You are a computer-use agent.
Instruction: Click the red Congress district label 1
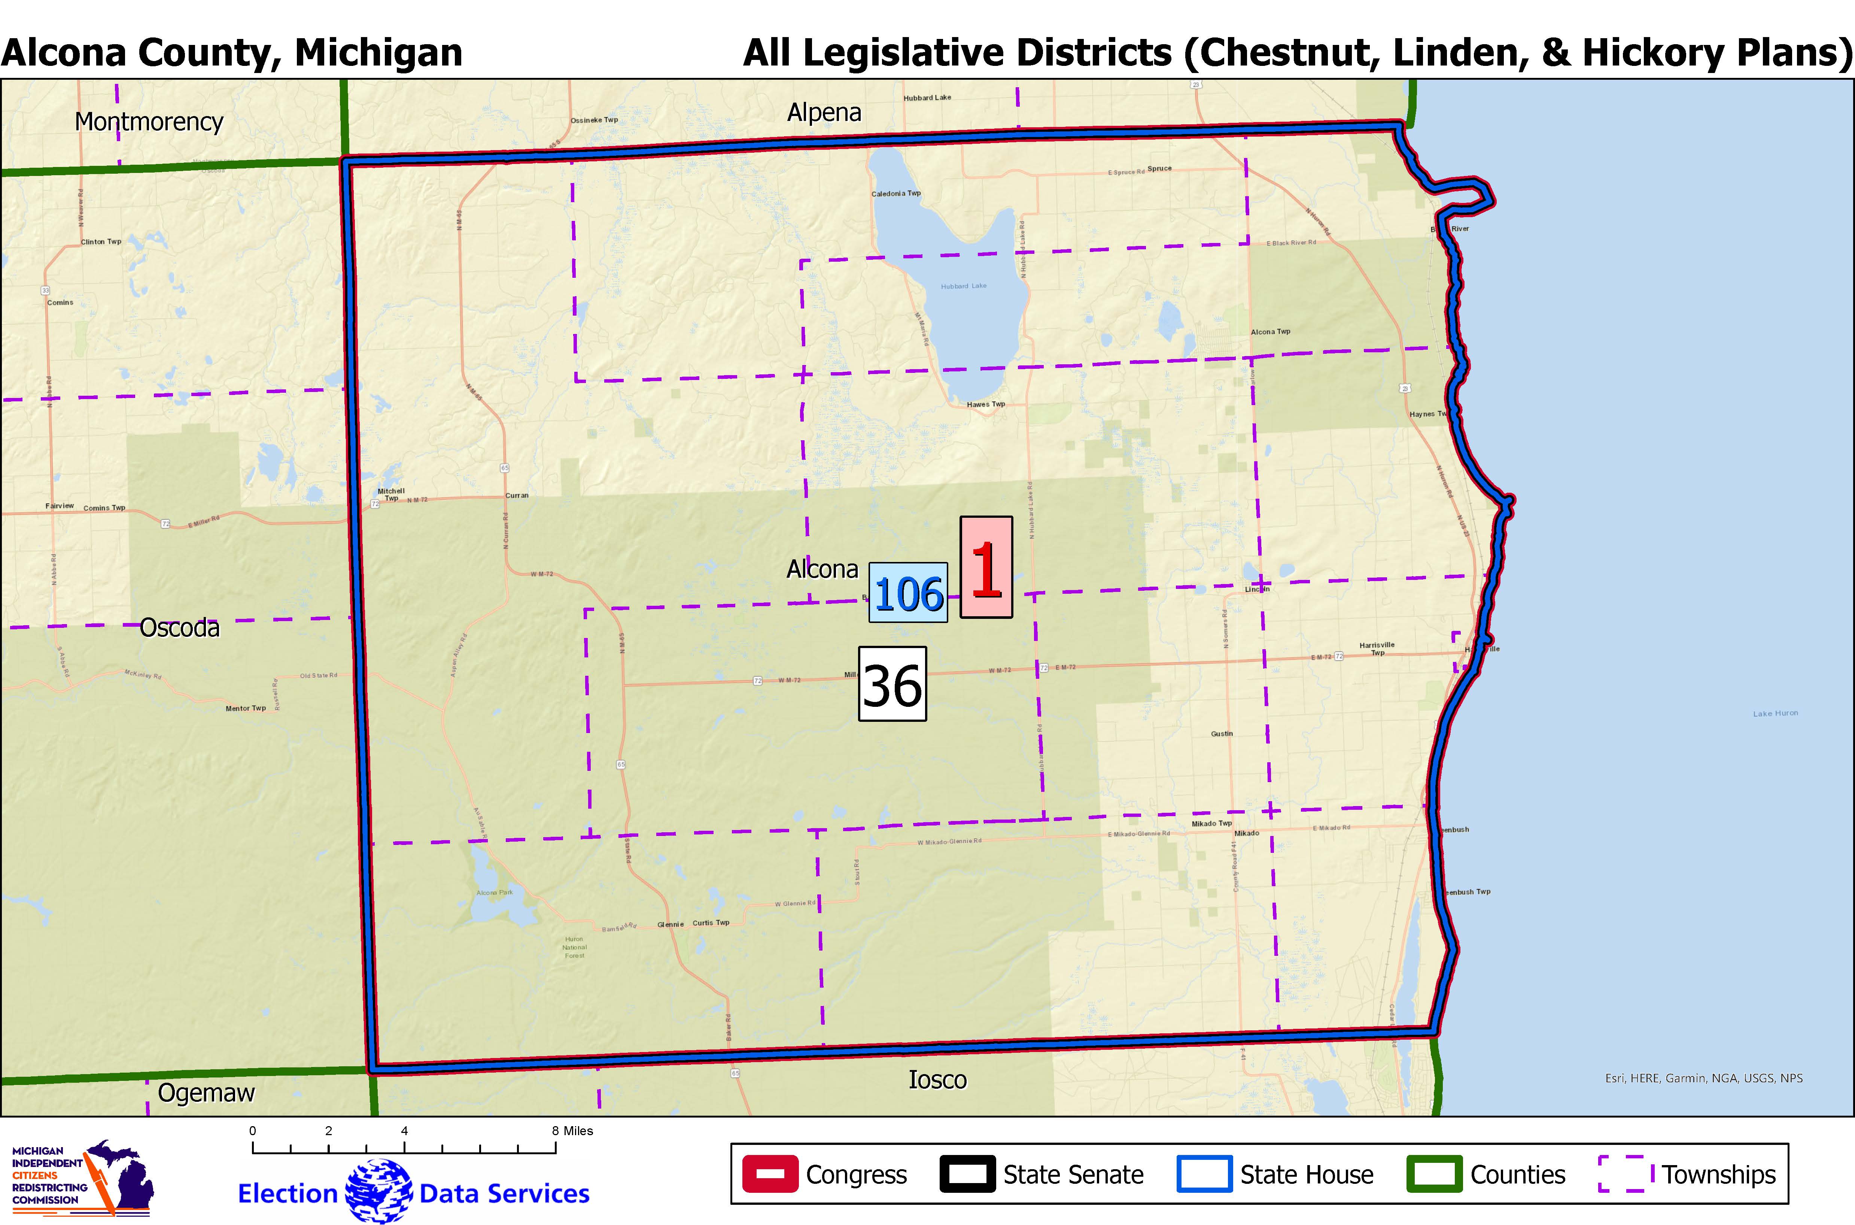pos(986,568)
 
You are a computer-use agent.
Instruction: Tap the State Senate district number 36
pos(892,684)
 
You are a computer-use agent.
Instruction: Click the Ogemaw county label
pos(206,1092)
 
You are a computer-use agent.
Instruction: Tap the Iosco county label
pos(937,1080)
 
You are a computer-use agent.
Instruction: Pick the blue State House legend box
pos(1204,1174)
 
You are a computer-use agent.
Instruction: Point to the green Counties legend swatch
pos(1434,1174)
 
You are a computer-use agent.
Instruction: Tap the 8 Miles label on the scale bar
pos(572,1131)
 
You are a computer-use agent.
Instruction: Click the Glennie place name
pos(670,924)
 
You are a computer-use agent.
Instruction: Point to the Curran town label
pos(516,495)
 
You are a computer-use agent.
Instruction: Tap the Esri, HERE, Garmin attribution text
pos(1703,1078)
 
